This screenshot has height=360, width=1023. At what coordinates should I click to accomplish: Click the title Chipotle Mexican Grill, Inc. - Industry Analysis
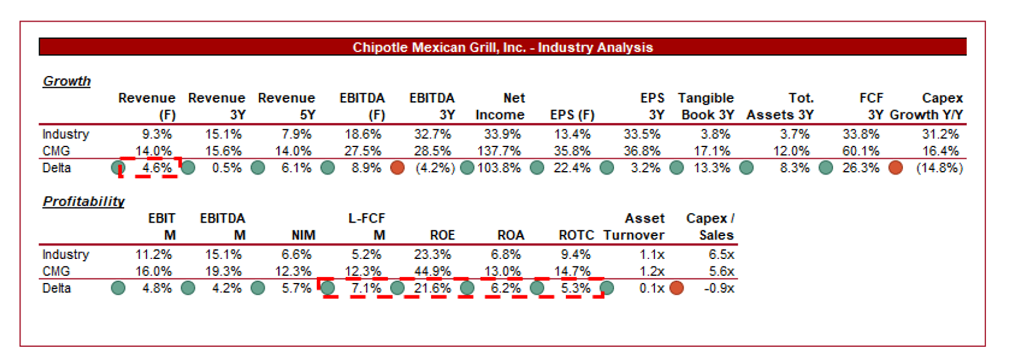tap(502, 47)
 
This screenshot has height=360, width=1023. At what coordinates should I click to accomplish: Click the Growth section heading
tap(66, 81)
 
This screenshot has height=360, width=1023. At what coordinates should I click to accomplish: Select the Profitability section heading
tap(83, 201)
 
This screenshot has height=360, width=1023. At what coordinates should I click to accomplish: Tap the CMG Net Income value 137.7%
tap(499, 151)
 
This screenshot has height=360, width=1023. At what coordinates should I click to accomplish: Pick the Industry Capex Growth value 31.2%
tap(940, 134)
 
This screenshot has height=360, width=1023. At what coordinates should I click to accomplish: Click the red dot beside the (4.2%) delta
tap(397, 168)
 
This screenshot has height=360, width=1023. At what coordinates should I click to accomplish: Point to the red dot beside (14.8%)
tap(895, 168)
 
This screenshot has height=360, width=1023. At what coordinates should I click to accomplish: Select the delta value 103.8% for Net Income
tap(499, 168)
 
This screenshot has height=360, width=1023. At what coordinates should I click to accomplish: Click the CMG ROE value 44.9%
tap(432, 271)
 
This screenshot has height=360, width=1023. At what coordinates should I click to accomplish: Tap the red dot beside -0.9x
tap(676, 288)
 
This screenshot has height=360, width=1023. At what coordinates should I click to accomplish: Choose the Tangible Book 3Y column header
tap(706, 106)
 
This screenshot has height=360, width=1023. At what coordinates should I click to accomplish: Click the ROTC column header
tap(576, 235)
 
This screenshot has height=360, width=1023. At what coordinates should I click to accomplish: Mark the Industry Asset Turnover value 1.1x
tap(652, 254)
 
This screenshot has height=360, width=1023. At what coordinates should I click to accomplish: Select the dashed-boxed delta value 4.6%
tap(157, 168)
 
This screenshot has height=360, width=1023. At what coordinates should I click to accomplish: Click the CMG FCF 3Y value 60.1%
tap(860, 151)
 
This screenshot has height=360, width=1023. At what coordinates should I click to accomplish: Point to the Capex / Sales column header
tap(710, 227)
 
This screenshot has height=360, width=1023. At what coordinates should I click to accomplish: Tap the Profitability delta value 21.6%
tap(432, 288)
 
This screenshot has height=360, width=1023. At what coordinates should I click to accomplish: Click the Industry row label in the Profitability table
tap(65, 254)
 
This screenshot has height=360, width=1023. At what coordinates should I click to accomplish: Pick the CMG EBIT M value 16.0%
tap(153, 271)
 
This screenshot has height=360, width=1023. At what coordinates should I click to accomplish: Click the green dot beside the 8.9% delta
tap(327, 168)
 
